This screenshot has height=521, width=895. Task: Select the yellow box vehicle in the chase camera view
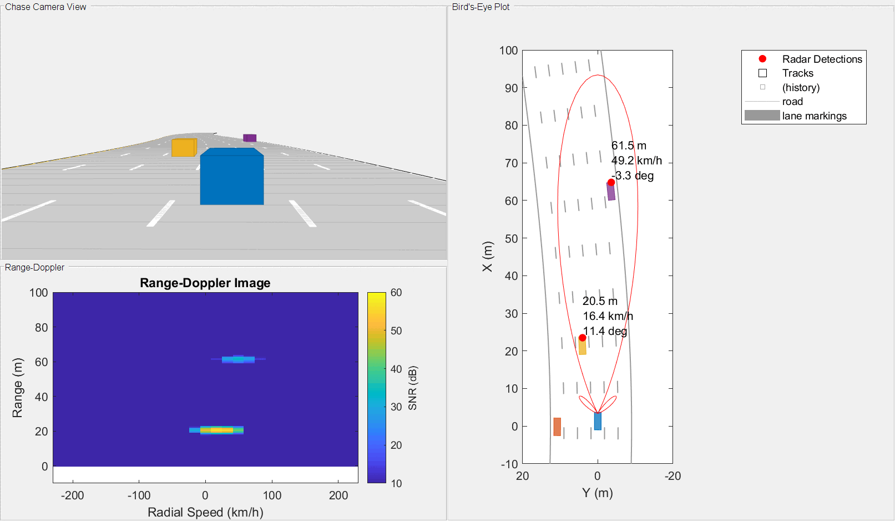click(x=184, y=148)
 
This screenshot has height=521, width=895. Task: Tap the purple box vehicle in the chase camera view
click(x=250, y=138)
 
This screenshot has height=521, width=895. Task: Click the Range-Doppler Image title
click(x=205, y=283)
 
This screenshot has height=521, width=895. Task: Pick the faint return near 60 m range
click(x=238, y=359)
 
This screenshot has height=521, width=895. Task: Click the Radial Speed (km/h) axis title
click(x=205, y=512)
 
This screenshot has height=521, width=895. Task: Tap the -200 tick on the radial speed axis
click(x=72, y=495)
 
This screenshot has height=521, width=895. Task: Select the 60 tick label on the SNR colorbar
click(x=396, y=293)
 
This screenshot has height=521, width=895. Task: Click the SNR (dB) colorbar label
click(x=412, y=388)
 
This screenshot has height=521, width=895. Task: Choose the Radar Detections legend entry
click(x=822, y=59)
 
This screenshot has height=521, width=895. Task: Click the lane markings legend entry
click(x=814, y=116)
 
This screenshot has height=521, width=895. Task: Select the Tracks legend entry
click(x=797, y=73)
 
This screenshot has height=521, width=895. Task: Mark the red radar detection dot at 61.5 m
click(x=611, y=182)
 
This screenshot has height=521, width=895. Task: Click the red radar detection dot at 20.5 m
click(x=582, y=338)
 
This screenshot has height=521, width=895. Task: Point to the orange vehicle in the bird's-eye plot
click(x=557, y=427)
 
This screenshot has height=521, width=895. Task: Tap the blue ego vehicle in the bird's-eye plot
click(x=598, y=421)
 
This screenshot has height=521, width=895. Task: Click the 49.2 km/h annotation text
click(x=636, y=161)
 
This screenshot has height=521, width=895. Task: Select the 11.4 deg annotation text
click(x=605, y=331)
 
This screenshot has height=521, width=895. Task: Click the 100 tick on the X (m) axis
click(x=509, y=51)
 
